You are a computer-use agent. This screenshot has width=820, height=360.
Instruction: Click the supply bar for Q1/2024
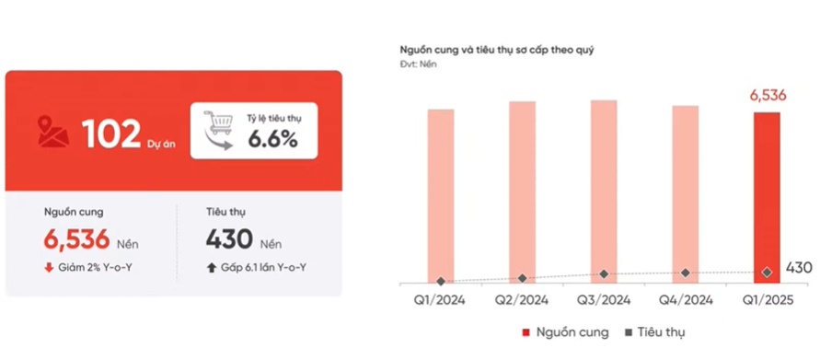(441, 193)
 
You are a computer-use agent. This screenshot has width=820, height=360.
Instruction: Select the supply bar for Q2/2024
(522, 189)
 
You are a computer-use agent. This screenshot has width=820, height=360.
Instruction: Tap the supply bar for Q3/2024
(604, 189)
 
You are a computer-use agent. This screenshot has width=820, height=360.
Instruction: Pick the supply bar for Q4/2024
(685, 192)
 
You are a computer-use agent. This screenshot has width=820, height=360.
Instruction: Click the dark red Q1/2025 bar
(767, 195)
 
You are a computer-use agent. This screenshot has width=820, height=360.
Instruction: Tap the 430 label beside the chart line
(799, 268)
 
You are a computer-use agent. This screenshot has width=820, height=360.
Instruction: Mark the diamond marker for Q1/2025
(767, 272)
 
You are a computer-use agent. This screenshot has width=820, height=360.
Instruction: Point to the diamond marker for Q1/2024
(441, 281)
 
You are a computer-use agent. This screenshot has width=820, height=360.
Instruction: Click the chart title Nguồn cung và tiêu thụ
(496, 49)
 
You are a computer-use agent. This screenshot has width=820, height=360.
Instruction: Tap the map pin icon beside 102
(53, 132)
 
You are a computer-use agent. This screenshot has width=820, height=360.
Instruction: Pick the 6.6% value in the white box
(271, 140)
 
